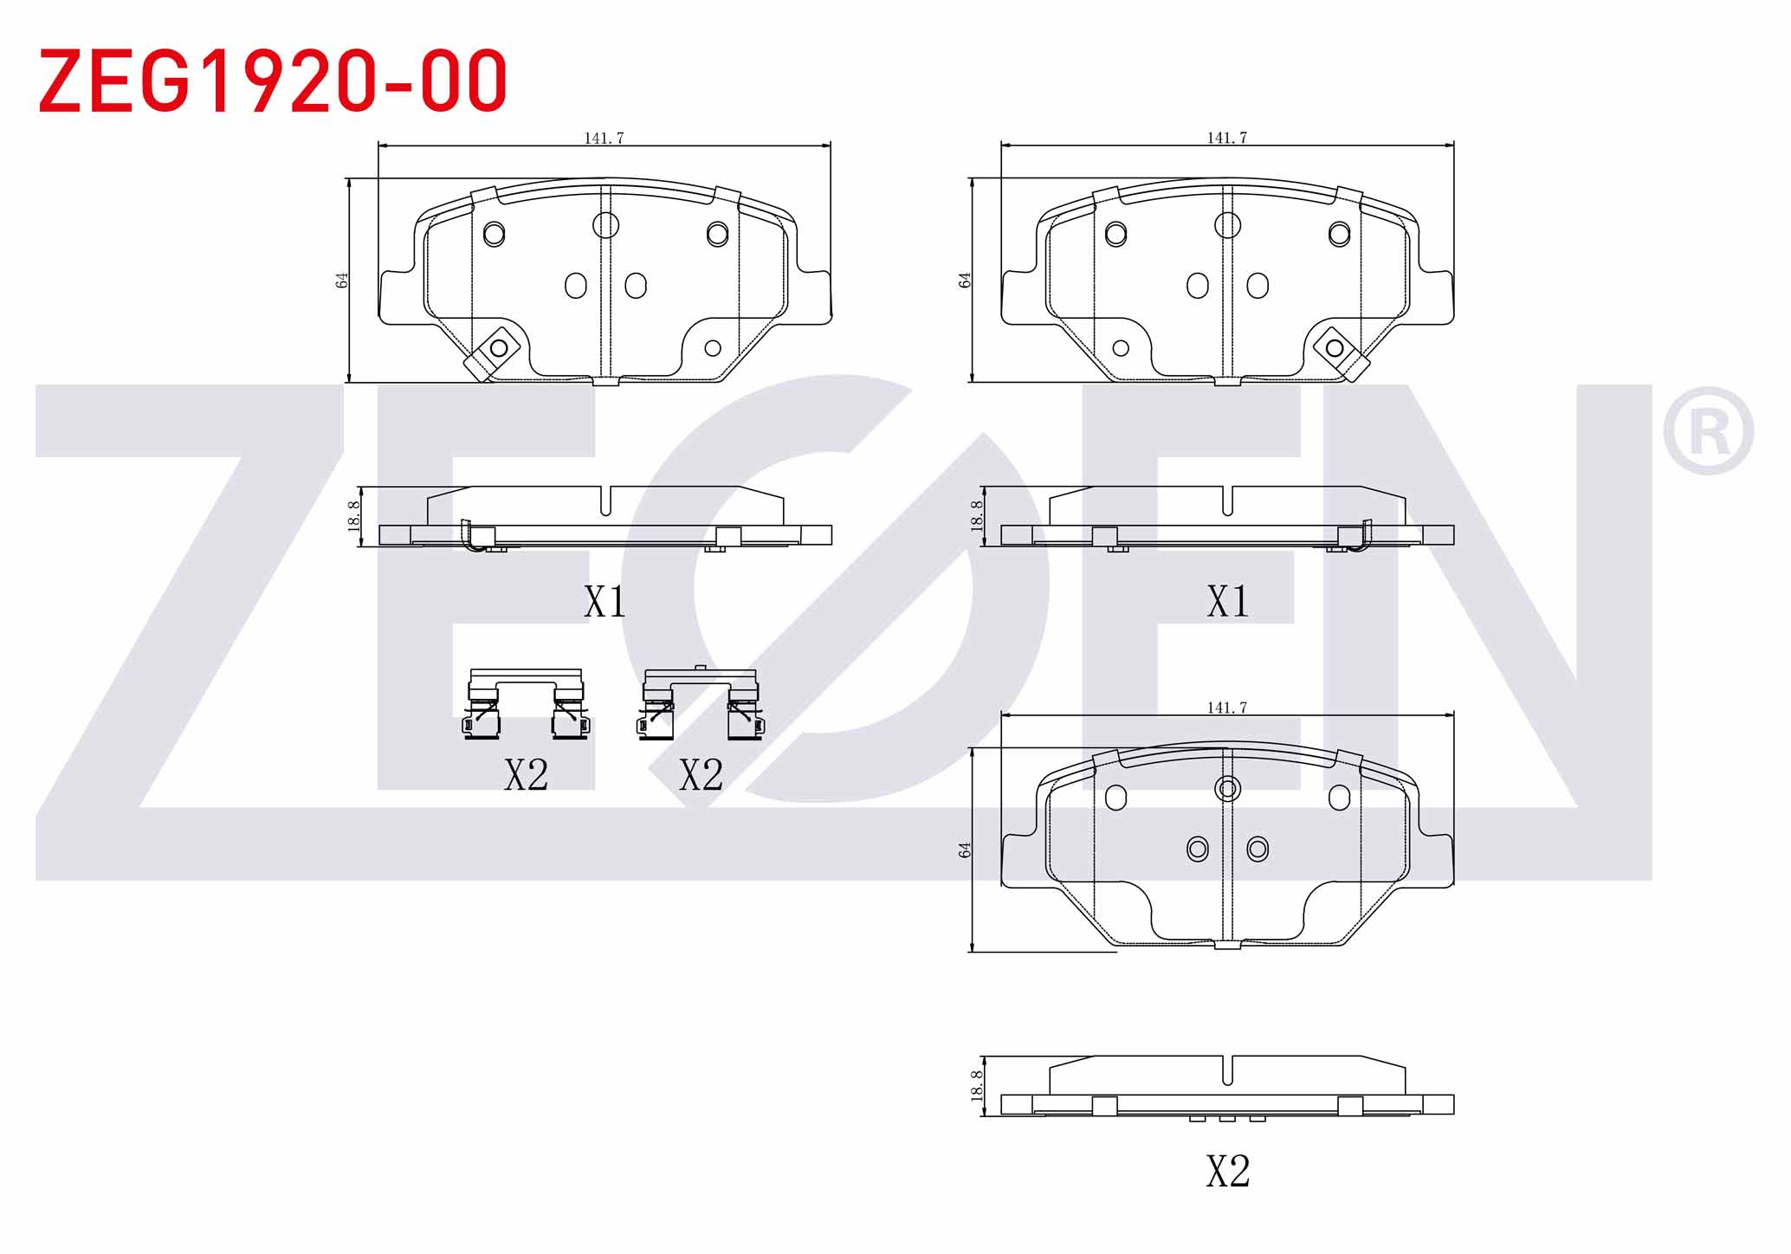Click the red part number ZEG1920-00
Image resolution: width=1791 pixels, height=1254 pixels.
(x=273, y=81)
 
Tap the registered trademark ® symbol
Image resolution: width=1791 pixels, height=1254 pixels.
(x=1707, y=430)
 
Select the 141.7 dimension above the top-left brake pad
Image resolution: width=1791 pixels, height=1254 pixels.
(x=604, y=138)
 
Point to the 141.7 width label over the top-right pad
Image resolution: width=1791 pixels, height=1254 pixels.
(x=1227, y=138)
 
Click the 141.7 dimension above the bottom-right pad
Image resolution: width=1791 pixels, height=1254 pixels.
(x=1227, y=708)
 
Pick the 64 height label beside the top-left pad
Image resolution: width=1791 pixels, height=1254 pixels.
(x=342, y=281)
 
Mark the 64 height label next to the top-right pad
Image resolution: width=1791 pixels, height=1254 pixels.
(x=965, y=281)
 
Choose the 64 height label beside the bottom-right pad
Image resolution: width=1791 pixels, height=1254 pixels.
(x=965, y=850)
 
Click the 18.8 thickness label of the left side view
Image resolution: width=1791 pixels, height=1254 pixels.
(x=353, y=516)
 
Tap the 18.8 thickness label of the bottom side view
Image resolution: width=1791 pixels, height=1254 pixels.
(x=977, y=1086)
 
